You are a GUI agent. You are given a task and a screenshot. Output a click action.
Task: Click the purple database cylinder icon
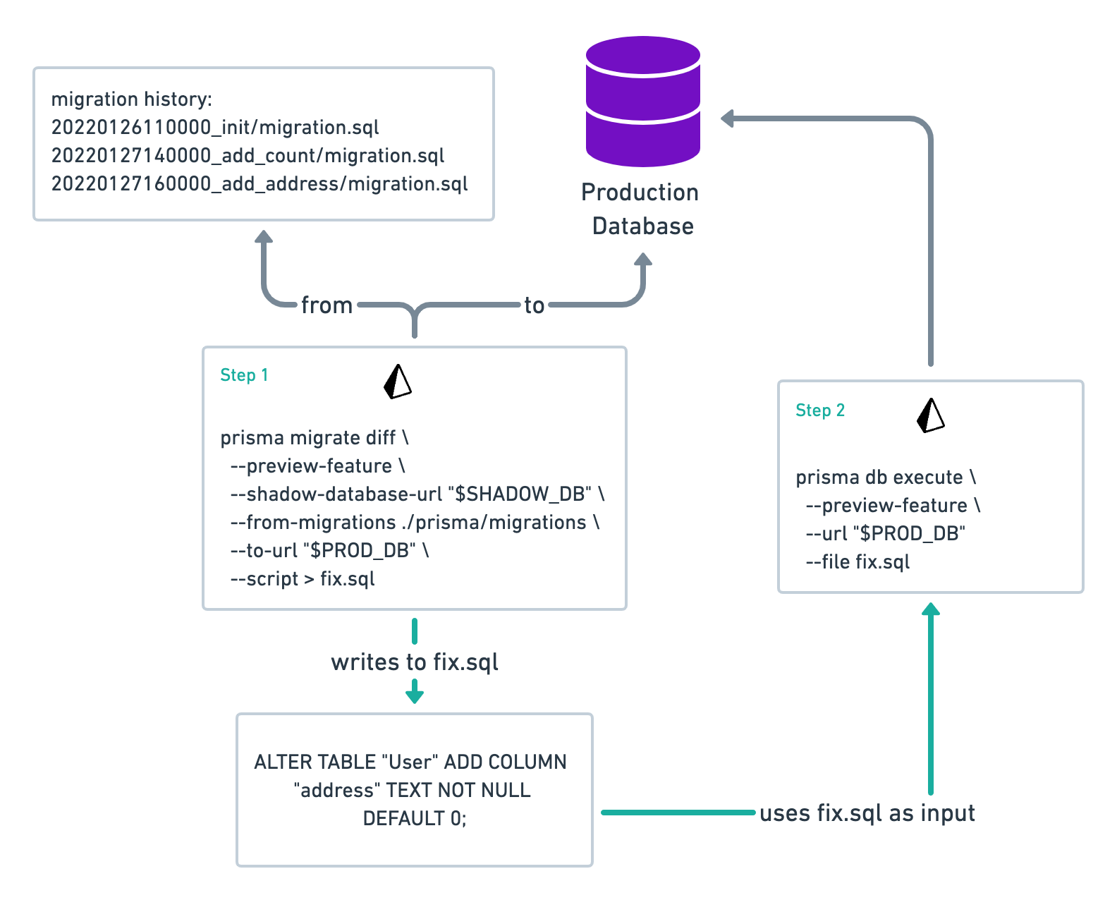[x=642, y=102]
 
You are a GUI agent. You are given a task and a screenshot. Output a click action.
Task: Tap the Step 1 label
[x=244, y=375]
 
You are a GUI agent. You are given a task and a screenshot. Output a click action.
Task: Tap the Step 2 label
[x=819, y=411]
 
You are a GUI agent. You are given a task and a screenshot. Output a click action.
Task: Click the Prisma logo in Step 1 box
[x=398, y=382]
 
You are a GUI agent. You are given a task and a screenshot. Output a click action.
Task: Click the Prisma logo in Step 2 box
[x=930, y=415]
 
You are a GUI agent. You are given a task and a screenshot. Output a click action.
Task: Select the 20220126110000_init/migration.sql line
[x=215, y=128]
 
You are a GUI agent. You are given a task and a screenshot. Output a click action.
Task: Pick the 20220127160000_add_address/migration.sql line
[x=260, y=184]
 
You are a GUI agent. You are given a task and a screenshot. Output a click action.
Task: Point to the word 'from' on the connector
[x=326, y=305]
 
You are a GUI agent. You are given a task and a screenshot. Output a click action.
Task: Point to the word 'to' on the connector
[x=534, y=305]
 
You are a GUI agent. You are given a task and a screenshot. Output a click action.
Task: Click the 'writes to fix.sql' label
[x=415, y=662]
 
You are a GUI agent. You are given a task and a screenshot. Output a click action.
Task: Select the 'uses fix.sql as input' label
[x=867, y=813]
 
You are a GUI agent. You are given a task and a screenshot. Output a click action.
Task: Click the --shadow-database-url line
[x=417, y=494]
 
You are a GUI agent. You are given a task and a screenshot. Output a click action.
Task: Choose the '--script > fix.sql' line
[x=303, y=579]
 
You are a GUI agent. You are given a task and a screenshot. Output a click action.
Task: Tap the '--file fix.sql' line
[x=857, y=562]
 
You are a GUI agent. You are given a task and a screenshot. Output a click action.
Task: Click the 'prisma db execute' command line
[x=885, y=478]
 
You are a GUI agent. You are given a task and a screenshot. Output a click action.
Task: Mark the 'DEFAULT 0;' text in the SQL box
[x=415, y=819]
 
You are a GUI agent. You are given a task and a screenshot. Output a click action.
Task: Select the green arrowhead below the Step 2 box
[x=931, y=609]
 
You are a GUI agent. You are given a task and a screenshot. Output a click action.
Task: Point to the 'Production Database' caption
[x=641, y=209]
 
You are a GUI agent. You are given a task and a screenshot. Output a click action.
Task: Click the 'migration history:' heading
[x=131, y=99]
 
